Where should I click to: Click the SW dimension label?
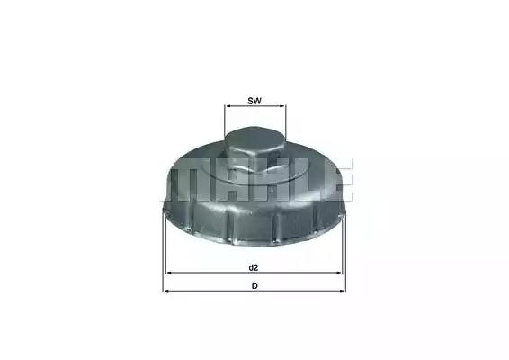254,101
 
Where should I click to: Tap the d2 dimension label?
254,267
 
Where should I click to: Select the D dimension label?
254,286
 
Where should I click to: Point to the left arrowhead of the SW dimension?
228,106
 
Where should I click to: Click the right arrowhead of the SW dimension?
282,106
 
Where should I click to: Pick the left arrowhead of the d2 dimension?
169,273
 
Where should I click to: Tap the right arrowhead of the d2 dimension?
339,273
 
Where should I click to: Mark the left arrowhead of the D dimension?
165,291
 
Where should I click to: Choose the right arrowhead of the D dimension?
343,291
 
